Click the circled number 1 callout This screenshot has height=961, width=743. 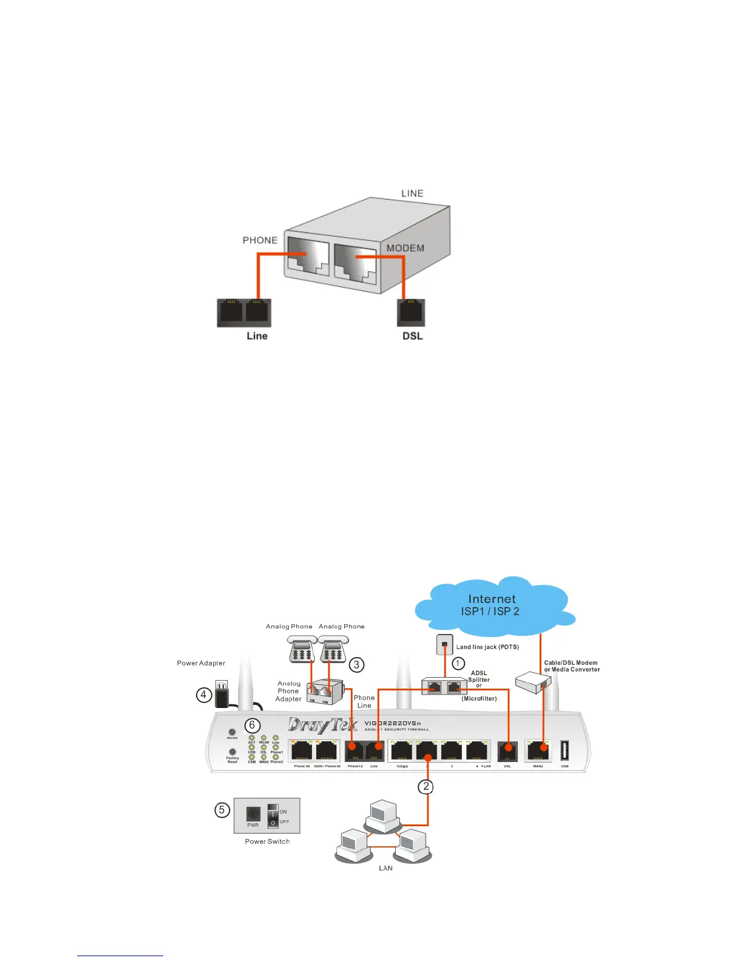click(458, 663)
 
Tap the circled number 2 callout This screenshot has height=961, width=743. click(426, 787)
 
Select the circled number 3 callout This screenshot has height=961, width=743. click(356, 664)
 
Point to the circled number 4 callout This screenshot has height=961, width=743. click(204, 695)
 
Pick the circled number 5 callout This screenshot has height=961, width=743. click(222, 810)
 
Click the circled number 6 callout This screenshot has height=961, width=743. click(253, 725)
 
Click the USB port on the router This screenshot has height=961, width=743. click(565, 750)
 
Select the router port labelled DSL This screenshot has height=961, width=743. click(507, 751)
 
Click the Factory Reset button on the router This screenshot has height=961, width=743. click(232, 752)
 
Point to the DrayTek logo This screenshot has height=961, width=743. click(322, 725)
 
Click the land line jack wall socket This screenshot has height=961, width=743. click(444, 644)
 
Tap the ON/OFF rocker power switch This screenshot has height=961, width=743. click(273, 815)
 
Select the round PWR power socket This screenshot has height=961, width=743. click(253, 814)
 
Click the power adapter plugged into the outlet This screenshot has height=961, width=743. click(222, 693)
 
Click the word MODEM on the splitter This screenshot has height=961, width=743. click(405, 248)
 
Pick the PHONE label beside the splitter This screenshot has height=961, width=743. click(260, 240)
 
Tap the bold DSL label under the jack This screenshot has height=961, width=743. click(412, 336)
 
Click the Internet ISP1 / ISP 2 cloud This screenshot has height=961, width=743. click(492, 605)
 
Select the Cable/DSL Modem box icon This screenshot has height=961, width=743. click(532, 682)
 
